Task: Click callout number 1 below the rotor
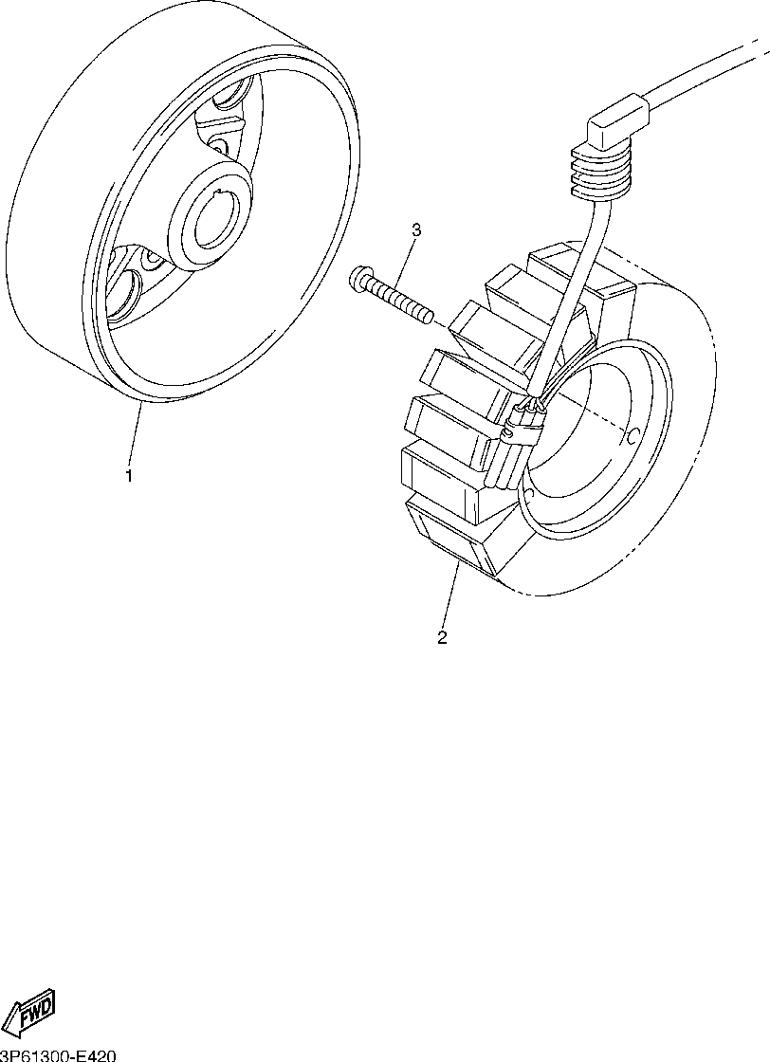pos(129,475)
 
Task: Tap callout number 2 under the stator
pos(442,637)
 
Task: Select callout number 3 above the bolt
pos(415,230)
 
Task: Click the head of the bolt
pos(359,278)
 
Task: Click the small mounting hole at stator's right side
pos(632,438)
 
